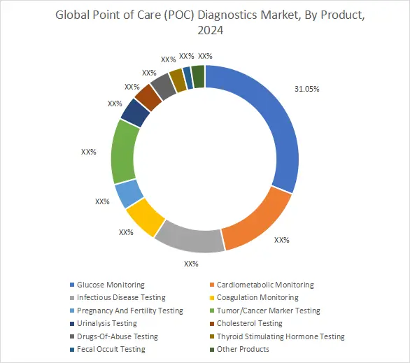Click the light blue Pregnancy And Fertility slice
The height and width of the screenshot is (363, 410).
coord(128,193)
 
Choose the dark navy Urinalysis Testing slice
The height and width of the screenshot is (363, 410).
coord(134,112)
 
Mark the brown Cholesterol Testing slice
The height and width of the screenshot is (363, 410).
coord(148,97)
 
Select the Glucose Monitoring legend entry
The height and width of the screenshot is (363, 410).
coord(111,285)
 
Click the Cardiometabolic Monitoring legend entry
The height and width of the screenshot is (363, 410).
coord(265,285)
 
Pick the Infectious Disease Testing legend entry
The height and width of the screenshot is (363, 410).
coord(121,298)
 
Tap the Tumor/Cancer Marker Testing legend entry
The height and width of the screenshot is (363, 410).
coord(268,311)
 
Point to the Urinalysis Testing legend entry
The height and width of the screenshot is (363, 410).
coord(107,324)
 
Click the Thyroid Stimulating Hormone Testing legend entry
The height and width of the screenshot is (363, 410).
coord(281,336)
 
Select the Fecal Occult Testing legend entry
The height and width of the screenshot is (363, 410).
coord(111,349)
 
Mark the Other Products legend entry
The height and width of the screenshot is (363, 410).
coord(242,349)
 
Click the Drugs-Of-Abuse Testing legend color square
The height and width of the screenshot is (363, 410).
coord(71,336)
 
